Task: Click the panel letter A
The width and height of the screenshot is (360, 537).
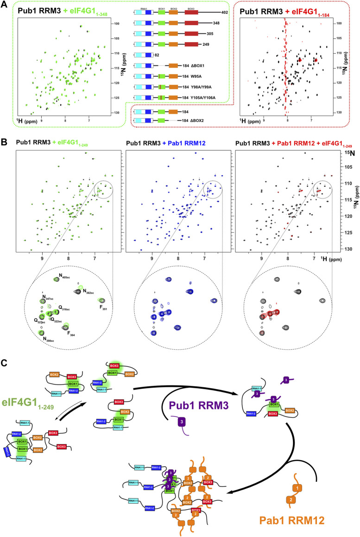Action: [5, 4]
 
